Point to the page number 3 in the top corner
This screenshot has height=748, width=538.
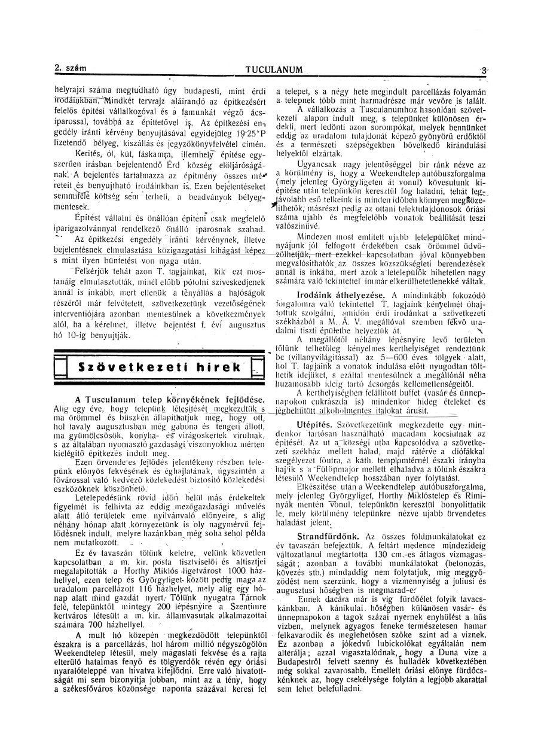click(482, 70)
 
